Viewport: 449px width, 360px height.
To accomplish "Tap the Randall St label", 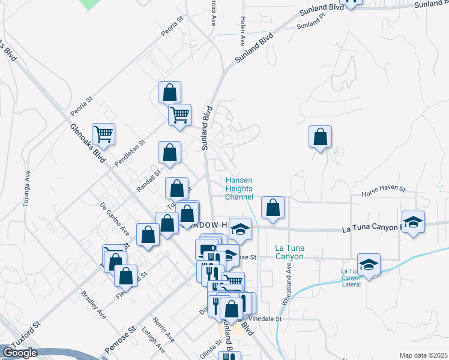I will pos(146,179).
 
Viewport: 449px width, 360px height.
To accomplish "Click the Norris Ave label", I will pos(163,329).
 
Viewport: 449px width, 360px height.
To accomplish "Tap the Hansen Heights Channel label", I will pos(239,188).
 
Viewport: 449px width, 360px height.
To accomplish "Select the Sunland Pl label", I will pos(310,24).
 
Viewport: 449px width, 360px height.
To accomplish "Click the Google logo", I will pos(20,353).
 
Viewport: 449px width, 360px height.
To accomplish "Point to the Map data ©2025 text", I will pos(423,355).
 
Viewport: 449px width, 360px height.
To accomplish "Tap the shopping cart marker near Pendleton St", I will pos(103,135).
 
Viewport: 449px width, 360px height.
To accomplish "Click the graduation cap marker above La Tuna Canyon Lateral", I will pos(369,265).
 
